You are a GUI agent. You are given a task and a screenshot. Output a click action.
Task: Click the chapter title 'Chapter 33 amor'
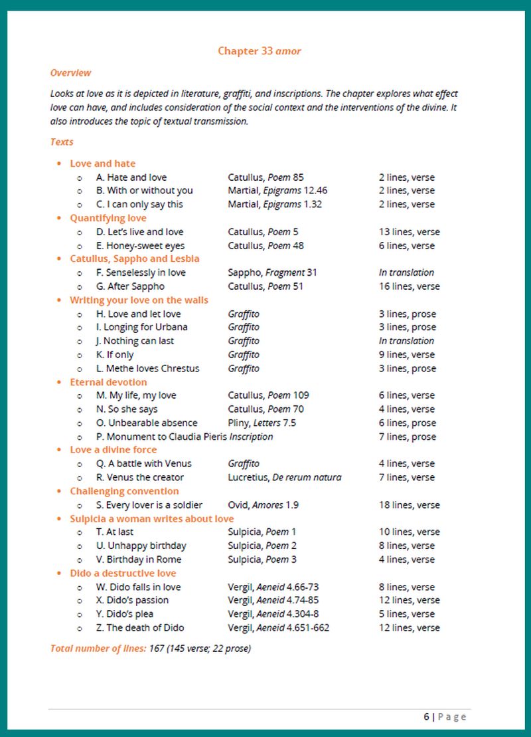pyautogui.click(x=260, y=51)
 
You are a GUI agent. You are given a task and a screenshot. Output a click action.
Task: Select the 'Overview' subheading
pyautogui.click(x=70, y=73)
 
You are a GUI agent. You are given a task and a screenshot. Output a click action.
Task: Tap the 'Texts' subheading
pyautogui.click(x=62, y=142)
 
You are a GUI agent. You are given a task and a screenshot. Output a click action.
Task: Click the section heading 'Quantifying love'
pyautogui.click(x=108, y=218)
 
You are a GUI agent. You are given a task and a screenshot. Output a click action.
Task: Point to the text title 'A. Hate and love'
pyautogui.click(x=131, y=177)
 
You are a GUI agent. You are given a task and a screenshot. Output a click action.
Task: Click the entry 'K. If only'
pyautogui.click(x=115, y=355)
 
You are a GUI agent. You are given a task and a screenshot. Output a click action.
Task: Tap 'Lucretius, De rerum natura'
pyautogui.click(x=284, y=477)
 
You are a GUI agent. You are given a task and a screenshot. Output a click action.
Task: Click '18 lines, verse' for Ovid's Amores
pyautogui.click(x=409, y=505)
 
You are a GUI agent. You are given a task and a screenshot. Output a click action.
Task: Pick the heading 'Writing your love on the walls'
pyautogui.click(x=139, y=300)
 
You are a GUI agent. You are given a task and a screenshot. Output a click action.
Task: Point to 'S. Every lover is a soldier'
pyautogui.click(x=149, y=505)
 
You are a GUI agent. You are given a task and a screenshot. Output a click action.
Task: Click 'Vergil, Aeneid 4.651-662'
pyautogui.click(x=278, y=627)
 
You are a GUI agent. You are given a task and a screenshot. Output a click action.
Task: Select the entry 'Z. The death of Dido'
pyautogui.click(x=140, y=627)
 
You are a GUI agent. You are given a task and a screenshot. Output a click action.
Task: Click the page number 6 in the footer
pyautogui.click(x=426, y=716)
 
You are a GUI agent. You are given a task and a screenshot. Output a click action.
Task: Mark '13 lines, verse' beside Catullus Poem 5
pyautogui.click(x=409, y=232)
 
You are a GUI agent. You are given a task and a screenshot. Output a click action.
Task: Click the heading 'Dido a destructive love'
pyautogui.click(x=123, y=573)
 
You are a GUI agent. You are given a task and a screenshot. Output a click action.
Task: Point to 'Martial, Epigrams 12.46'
pyautogui.click(x=277, y=191)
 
